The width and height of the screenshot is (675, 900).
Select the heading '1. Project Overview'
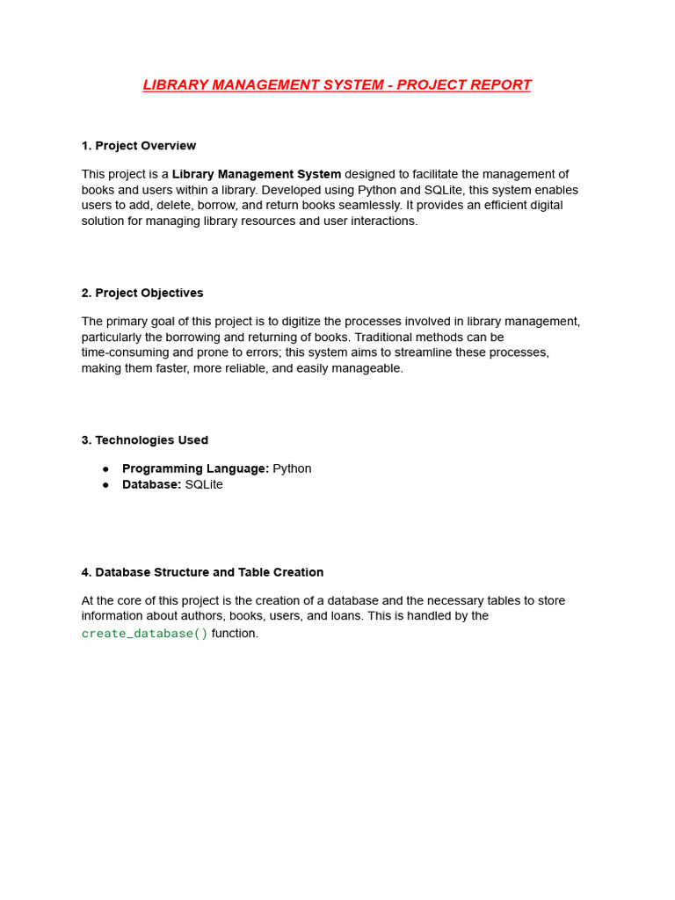(x=138, y=146)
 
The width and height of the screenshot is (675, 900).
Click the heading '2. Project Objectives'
(x=142, y=293)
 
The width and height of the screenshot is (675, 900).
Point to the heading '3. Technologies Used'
(x=145, y=440)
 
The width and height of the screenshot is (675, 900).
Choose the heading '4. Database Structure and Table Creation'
(x=202, y=572)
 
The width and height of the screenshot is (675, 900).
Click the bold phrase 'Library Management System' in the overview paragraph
(x=257, y=174)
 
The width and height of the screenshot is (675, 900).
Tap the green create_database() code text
(x=145, y=634)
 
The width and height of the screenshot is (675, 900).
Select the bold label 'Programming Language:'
(x=195, y=468)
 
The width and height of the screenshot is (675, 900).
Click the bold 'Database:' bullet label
(x=151, y=484)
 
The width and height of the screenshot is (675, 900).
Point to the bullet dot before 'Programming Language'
(x=105, y=469)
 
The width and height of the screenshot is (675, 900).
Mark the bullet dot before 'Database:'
(x=105, y=485)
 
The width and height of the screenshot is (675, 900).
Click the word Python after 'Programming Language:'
(x=292, y=468)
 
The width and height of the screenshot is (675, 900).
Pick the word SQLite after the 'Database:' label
(x=204, y=484)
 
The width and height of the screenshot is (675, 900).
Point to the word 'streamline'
(x=421, y=352)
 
